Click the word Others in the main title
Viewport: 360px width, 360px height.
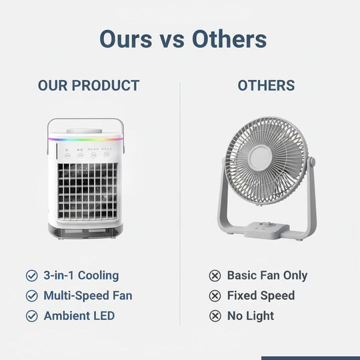click(229, 39)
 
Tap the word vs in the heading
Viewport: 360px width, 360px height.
click(175, 40)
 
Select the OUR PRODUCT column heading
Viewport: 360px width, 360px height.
click(89, 85)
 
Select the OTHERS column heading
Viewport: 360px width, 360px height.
click(266, 85)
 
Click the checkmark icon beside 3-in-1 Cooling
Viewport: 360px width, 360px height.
click(31, 275)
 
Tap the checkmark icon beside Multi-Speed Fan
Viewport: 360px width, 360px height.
click(31, 295)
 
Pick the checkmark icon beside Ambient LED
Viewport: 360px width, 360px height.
click(31, 316)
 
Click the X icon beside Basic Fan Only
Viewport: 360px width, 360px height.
click(215, 275)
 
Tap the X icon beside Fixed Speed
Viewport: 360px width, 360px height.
click(215, 295)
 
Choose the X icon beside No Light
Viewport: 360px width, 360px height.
click(215, 316)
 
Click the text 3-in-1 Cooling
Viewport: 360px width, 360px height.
click(81, 275)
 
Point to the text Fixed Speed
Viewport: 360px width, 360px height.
click(261, 295)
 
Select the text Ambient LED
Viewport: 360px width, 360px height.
click(79, 316)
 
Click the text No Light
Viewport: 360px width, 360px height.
click(251, 316)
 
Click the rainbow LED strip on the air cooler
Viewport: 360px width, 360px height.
click(85, 139)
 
